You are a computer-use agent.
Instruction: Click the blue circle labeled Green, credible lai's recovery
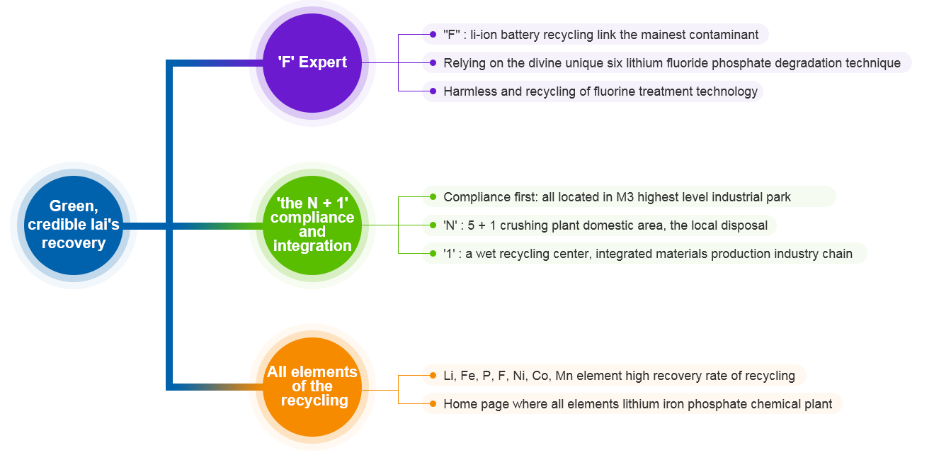[74, 225]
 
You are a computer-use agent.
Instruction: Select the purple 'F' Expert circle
[312, 63]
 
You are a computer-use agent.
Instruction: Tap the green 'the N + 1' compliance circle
[312, 225]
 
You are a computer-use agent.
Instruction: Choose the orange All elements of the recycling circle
[312, 387]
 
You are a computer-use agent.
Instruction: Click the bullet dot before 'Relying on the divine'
[433, 63]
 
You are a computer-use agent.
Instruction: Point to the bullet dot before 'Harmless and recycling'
[433, 91]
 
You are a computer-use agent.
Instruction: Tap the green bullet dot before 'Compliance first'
[433, 196]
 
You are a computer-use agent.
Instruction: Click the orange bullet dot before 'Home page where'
[433, 404]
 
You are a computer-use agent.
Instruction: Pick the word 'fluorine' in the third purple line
[616, 91]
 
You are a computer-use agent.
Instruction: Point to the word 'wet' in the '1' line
[485, 254]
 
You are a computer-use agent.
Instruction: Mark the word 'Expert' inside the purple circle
[323, 62]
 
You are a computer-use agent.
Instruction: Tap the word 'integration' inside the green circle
[312, 246]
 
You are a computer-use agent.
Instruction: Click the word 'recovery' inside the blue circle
[74, 243]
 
